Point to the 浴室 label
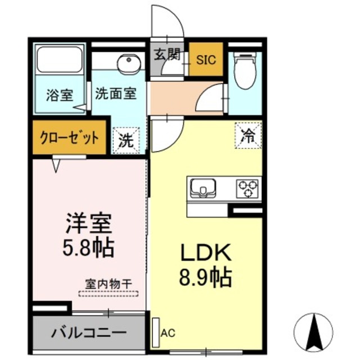pyautogui.click(x=60, y=94)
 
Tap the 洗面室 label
pyautogui.click(x=115, y=94)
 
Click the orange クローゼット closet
pyautogui.click(x=69, y=138)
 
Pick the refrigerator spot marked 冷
pyautogui.click(x=248, y=134)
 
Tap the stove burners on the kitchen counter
pyautogui.click(x=247, y=187)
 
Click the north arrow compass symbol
pyautogui.click(x=313, y=331)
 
